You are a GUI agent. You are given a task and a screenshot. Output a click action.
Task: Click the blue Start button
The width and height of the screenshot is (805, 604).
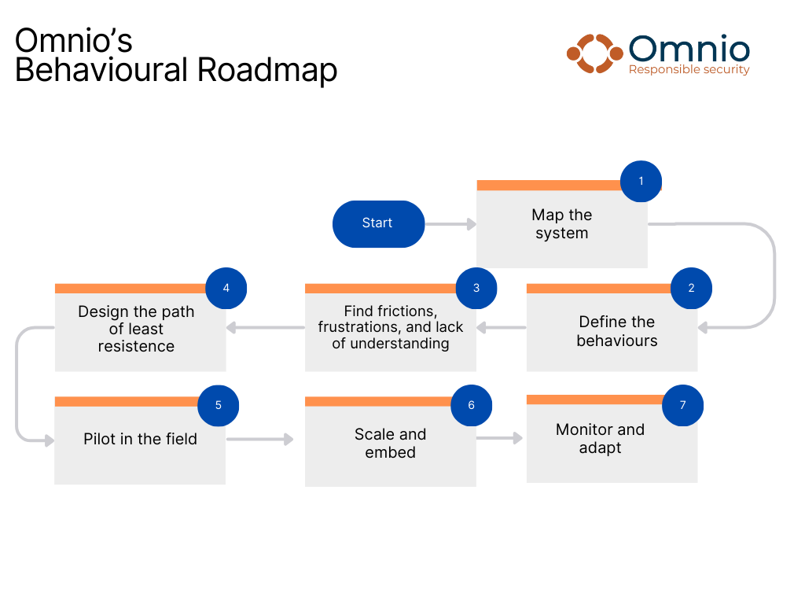tap(378, 223)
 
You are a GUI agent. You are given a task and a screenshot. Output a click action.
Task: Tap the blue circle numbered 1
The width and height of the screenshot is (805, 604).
tap(641, 182)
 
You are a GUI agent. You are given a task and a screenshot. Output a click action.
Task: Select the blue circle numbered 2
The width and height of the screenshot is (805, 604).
tap(691, 288)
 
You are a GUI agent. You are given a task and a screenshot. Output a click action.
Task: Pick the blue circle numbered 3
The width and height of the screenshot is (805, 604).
tap(476, 288)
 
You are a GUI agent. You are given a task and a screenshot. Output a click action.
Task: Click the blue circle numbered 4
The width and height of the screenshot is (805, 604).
tap(226, 288)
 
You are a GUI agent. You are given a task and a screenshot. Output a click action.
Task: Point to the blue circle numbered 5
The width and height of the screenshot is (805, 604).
tap(219, 406)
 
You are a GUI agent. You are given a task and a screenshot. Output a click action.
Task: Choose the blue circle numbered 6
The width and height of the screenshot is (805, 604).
tap(472, 406)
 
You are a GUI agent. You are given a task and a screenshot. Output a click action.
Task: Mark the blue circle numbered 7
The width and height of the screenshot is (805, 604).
tap(682, 406)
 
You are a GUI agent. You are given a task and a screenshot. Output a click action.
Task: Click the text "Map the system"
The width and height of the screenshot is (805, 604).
tap(561, 224)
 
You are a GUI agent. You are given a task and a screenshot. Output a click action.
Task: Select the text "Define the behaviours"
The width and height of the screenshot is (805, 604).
tap(617, 331)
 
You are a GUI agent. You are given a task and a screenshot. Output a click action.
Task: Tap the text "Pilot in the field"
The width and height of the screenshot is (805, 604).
tap(140, 439)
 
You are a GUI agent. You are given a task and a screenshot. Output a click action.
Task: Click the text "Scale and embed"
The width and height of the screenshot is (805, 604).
tap(390, 444)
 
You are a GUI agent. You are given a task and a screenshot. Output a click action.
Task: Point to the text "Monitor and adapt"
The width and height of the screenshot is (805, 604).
tap(600, 439)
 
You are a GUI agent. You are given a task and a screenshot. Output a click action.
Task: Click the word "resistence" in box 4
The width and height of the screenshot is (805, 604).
tap(136, 346)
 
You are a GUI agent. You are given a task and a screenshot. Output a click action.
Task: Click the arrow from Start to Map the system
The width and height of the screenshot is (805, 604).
tap(450, 224)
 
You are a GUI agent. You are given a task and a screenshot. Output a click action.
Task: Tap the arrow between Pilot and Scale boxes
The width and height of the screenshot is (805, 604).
tap(259, 439)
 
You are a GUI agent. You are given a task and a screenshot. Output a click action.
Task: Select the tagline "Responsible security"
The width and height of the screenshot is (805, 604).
tap(689, 70)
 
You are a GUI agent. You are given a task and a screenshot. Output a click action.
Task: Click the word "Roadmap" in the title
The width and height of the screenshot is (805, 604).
tap(267, 70)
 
